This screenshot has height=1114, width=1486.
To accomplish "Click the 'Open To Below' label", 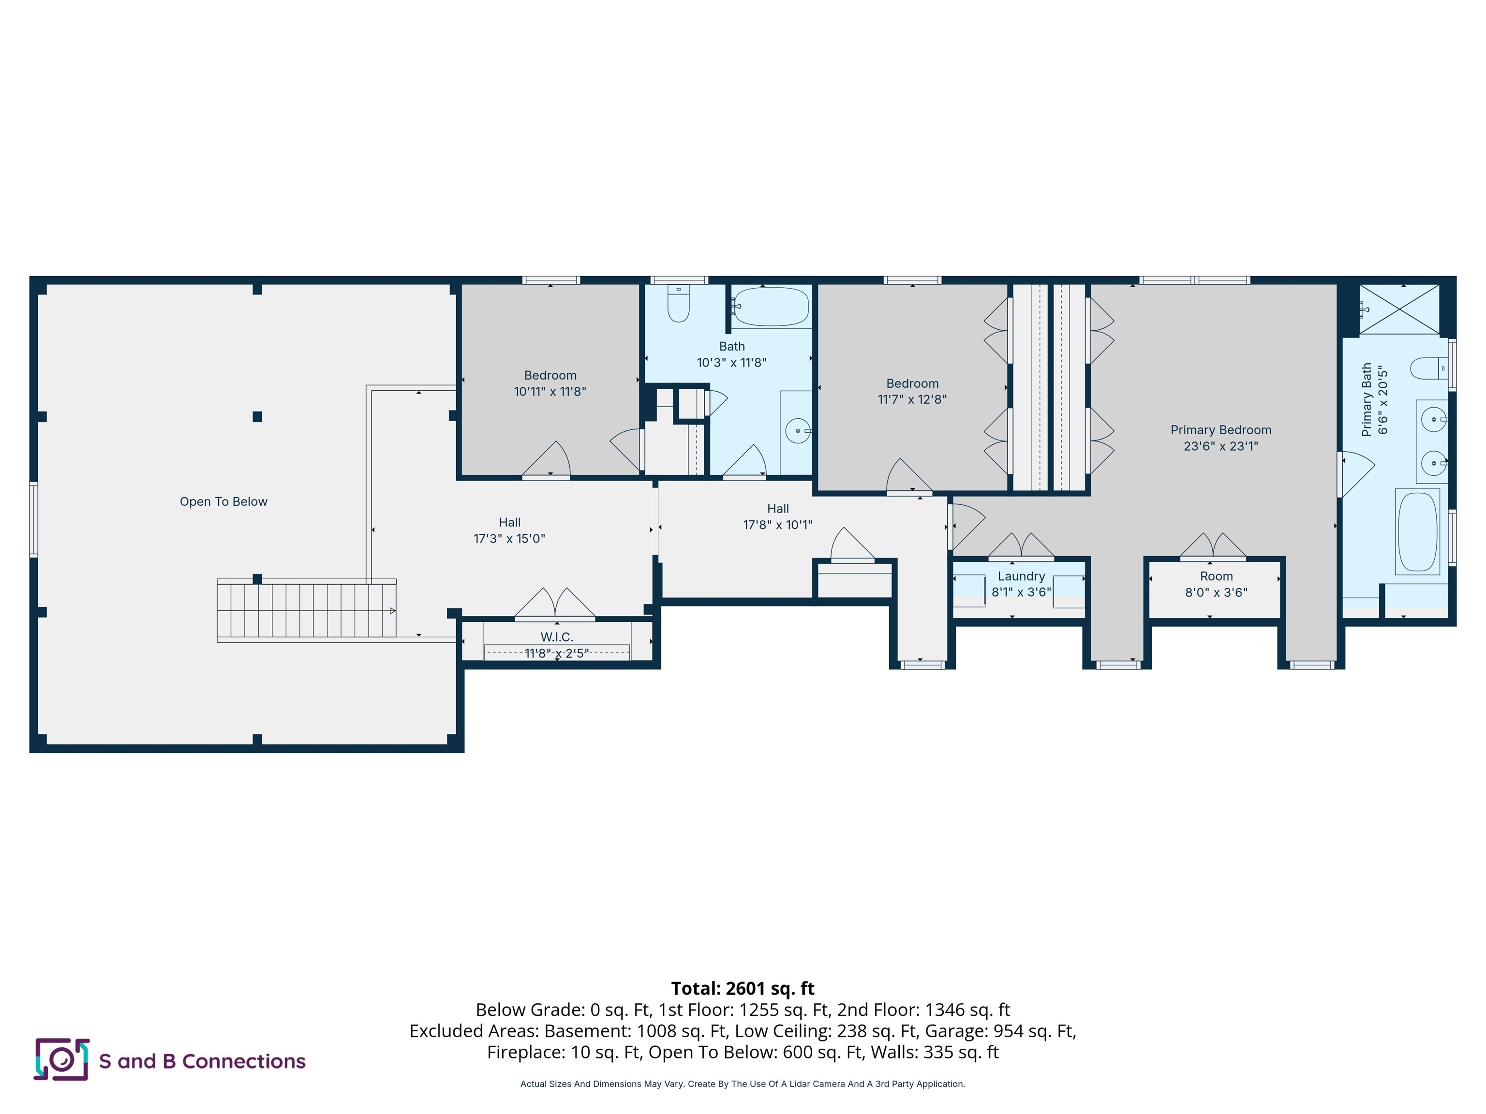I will click(223, 501).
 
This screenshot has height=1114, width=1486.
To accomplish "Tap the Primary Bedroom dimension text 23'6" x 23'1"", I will click(1220, 446).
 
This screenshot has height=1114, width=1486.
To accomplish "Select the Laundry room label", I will click(1021, 576).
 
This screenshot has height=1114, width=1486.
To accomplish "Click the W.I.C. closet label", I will click(556, 637).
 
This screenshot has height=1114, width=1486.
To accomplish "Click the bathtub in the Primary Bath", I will click(1417, 532).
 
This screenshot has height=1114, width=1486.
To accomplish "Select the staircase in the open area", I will click(306, 610).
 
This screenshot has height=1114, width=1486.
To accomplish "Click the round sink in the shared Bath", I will click(797, 430).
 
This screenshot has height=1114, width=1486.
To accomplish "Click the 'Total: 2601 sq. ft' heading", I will click(743, 988).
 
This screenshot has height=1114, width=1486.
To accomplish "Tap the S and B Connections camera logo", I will click(61, 1060).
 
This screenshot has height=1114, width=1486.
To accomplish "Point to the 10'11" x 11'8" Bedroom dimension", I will click(550, 392).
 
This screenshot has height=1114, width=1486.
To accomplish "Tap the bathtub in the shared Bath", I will click(770, 307).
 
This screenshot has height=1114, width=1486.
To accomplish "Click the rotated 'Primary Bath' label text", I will click(1367, 399).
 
